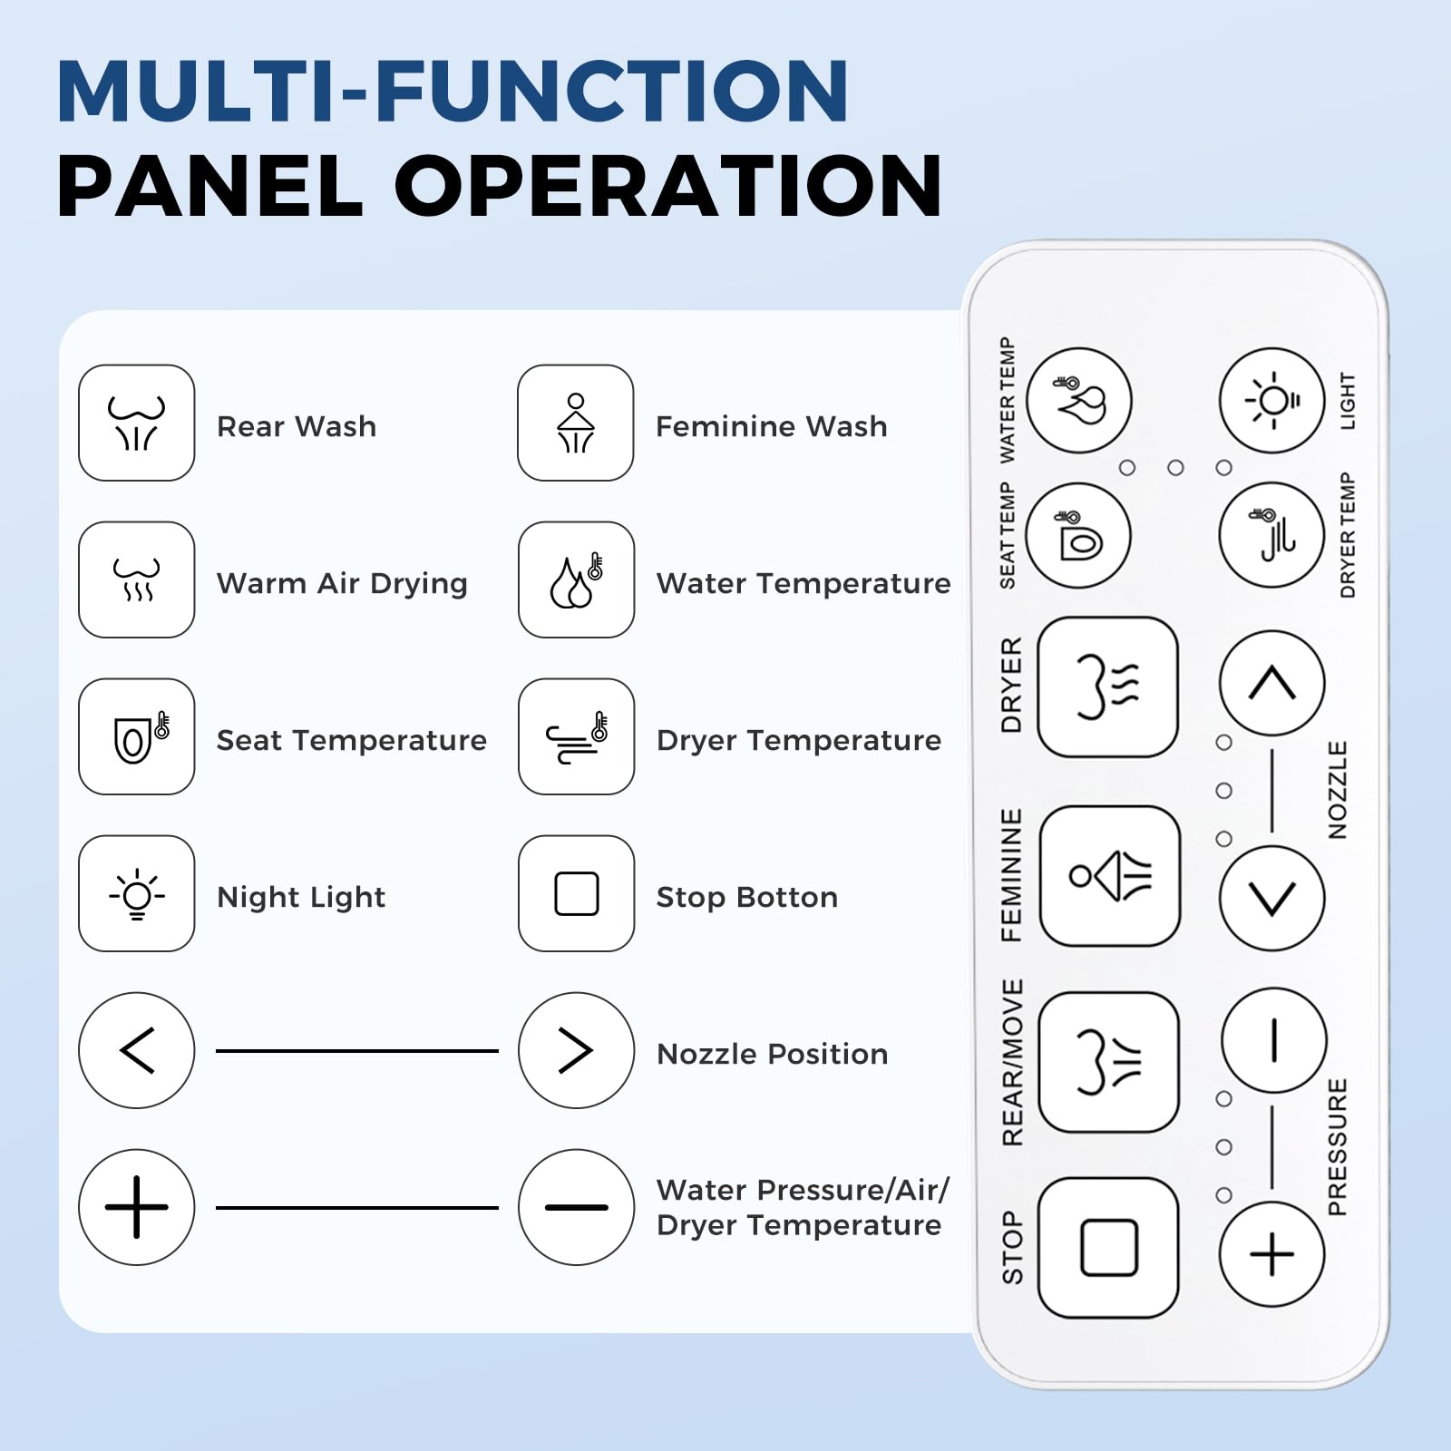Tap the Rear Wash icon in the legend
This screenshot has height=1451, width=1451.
click(x=137, y=423)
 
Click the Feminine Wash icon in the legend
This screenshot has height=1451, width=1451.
click(x=576, y=423)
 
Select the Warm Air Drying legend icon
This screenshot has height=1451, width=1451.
click(x=137, y=579)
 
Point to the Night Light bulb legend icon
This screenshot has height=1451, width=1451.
click(x=137, y=893)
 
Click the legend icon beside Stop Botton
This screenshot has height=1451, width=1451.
click(x=576, y=893)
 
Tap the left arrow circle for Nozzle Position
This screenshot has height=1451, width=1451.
click(x=137, y=1050)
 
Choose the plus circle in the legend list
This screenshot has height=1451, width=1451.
click(x=137, y=1207)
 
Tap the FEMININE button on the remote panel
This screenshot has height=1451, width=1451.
click(x=1110, y=876)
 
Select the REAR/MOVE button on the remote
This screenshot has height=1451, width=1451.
click(x=1109, y=1062)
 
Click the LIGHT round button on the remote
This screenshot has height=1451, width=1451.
click(x=1272, y=400)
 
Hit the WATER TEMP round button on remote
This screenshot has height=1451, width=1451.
click(x=1079, y=400)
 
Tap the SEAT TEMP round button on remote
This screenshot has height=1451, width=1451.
click(x=1079, y=535)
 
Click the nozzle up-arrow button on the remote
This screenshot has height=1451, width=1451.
click(x=1272, y=683)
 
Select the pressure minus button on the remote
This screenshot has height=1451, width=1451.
click(x=1274, y=1040)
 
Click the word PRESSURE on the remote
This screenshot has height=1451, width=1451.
click(x=1338, y=1147)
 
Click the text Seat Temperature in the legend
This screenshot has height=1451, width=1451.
click(x=352, y=740)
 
